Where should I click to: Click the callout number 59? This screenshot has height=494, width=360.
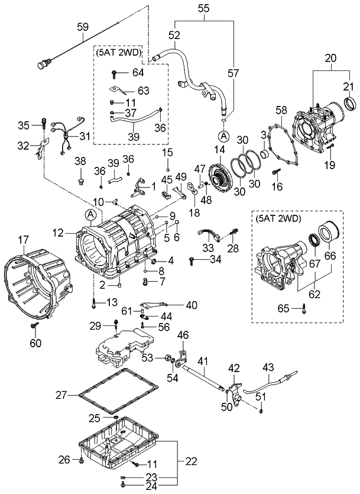point(82,26)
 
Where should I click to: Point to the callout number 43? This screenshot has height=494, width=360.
point(268,367)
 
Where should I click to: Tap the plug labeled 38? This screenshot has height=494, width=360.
point(80,175)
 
